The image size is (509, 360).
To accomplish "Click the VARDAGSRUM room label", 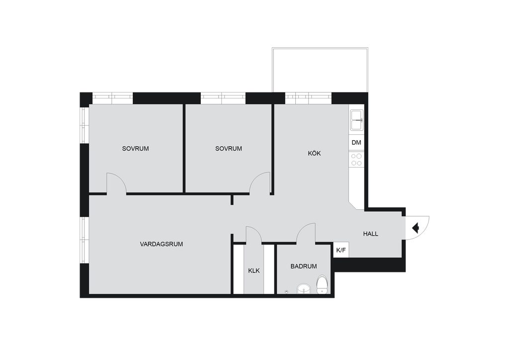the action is point(162,244).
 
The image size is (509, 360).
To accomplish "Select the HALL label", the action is point(370,234).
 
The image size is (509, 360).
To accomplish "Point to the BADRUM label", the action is point(304,266).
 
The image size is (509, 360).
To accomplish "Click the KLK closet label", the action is point(254,270).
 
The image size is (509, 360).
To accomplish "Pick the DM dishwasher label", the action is point(356,143).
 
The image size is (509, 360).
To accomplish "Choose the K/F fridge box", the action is point(341,250).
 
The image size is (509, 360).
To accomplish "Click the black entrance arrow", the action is point(416,228).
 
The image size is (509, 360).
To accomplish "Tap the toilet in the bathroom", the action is point(322,285).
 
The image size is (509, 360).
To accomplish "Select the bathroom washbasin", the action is point(304,288).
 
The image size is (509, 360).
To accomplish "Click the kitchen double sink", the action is point(357,120).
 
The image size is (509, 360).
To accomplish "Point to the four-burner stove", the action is point(356,160).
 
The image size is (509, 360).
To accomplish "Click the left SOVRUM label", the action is point(135,149).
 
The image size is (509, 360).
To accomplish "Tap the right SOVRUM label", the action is point(229,149).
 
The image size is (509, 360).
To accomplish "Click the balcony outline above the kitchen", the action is point(320,49).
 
